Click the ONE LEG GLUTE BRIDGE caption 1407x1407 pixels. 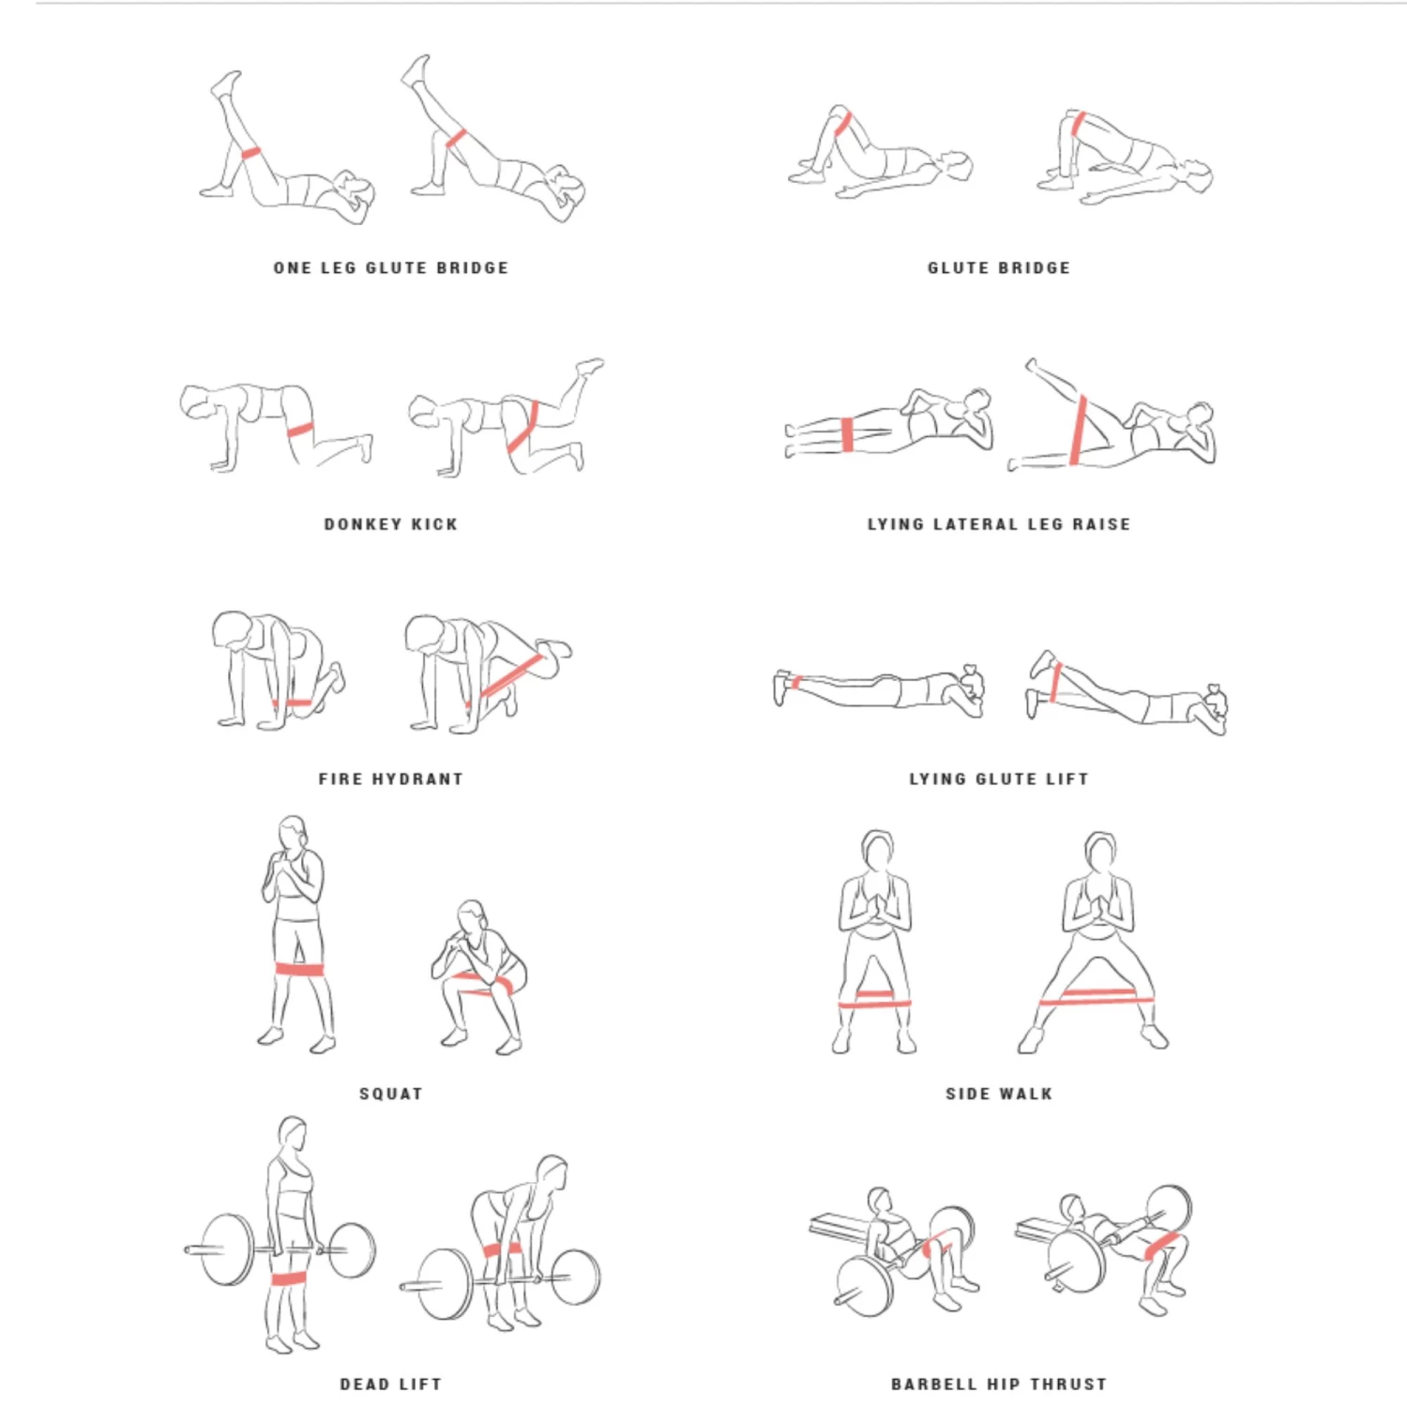(x=390, y=268)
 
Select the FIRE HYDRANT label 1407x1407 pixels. (x=390, y=779)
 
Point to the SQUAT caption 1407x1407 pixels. (x=390, y=1094)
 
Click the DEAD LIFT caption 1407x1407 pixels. (x=390, y=1384)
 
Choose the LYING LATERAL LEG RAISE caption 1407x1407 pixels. (x=998, y=524)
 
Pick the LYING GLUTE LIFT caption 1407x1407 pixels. (x=998, y=779)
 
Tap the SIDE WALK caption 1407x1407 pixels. (x=998, y=1094)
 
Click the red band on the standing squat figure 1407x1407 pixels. (x=298, y=970)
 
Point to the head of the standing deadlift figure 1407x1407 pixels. (x=293, y=1136)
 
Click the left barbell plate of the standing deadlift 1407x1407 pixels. (x=227, y=1249)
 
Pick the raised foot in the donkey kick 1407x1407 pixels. (x=590, y=366)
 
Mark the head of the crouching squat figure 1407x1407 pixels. (x=471, y=916)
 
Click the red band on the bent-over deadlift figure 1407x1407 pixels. (x=502, y=1249)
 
